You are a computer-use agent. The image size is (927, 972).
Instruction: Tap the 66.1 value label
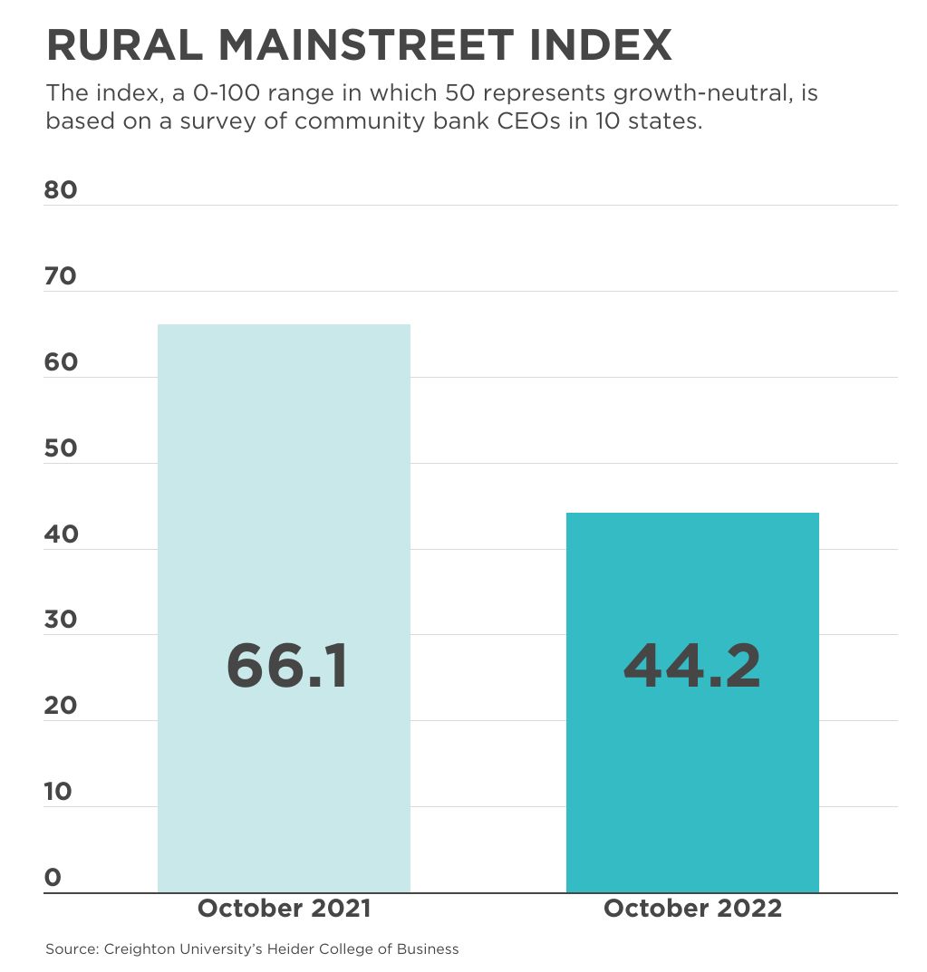tap(286, 666)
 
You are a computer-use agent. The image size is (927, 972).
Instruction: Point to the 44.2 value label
tap(692, 666)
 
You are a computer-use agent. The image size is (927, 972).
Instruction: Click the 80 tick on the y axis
tap(61, 190)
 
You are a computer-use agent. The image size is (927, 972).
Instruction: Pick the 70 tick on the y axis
tap(61, 276)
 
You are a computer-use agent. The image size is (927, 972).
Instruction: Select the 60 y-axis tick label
tap(61, 362)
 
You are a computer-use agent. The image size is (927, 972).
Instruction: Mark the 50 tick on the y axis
tap(61, 448)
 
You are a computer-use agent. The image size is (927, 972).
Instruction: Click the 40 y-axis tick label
tap(61, 534)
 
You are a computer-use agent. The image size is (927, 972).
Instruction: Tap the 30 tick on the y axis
tap(61, 621)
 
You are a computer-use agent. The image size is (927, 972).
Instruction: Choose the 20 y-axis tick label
tap(61, 706)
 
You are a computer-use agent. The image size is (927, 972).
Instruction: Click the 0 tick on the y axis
tap(53, 878)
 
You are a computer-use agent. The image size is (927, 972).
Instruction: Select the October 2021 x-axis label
tap(284, 909)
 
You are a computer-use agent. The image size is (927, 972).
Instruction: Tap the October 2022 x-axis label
tap(692, 909)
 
